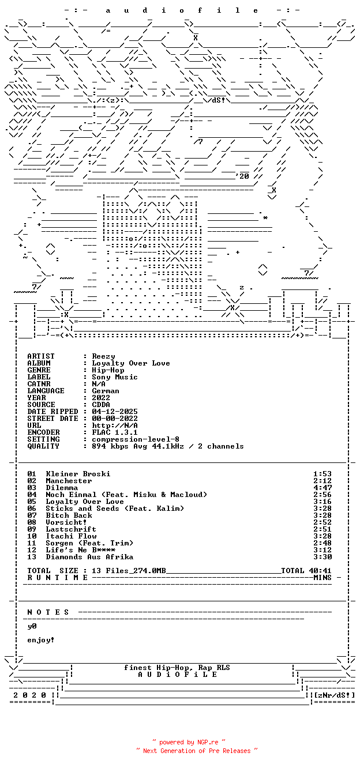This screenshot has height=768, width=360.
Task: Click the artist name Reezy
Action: click(103, 356)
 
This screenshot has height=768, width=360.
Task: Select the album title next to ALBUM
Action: click(131, 363)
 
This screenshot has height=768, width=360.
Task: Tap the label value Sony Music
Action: click(115, 377)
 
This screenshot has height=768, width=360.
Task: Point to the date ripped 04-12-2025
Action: click(115, 412)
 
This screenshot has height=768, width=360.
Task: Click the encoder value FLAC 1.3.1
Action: click(115, 432)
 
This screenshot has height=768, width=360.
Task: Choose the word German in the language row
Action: click(106, 391)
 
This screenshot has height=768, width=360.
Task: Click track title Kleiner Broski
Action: click(78, 474)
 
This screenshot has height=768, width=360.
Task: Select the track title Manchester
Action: click(69, 481)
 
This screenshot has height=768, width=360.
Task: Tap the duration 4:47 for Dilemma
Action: click(322, 488)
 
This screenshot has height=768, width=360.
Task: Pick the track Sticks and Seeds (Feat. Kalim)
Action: click(115, 509)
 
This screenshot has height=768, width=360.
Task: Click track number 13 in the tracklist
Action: click(32, 557)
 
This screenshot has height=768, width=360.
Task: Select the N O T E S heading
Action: click(48, 612)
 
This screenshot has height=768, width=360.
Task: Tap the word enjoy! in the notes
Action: click(41, 640)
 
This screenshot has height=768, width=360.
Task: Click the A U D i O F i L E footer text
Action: click(178, 675)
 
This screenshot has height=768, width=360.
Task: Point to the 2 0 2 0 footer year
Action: click(29, 695)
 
